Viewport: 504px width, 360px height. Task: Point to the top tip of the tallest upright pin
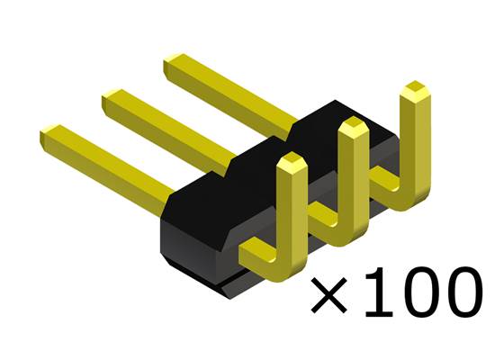[x=416, y=89]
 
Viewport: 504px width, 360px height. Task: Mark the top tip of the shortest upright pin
[x=291, y=162]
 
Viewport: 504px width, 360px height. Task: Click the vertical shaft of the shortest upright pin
[x=290, y=211]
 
